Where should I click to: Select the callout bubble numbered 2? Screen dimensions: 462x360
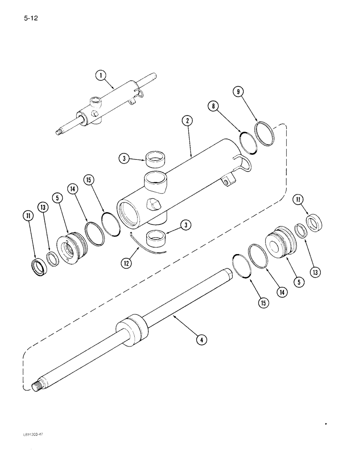click(x=186, y=122)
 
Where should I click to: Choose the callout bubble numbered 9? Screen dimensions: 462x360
click(x=239, y=92)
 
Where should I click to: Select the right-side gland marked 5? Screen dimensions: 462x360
click(x=279, y=240)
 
